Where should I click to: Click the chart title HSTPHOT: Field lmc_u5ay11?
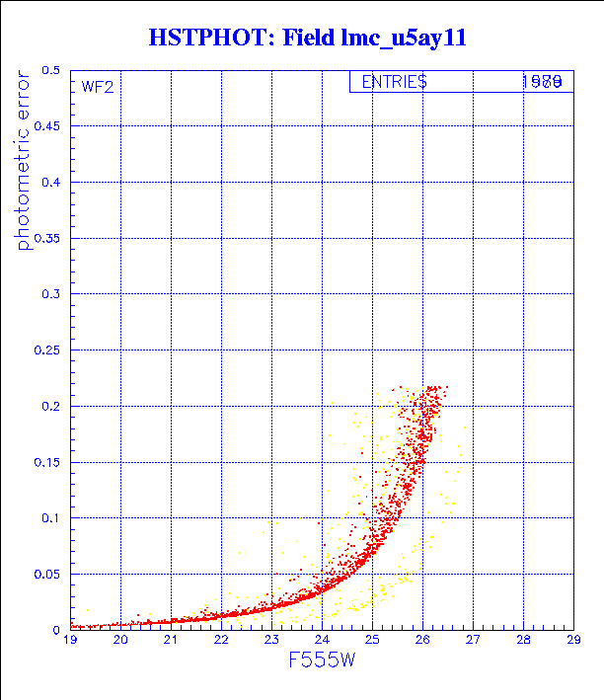click(x=307, y=38)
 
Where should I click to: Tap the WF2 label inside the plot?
click(x=98, y=87)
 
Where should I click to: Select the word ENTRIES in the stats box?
click(x=394, y=83)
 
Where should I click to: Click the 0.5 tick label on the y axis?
click(x=50, y=71)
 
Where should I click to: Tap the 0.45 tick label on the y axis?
click(x=47, y=126)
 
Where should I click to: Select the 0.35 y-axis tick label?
click(x=47, y=238)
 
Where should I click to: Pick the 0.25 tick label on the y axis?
click(x=47, y=350)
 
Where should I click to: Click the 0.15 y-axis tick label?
click(x=47, y=461)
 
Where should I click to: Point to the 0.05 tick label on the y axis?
click(x=47, y=573)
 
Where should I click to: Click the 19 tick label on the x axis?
click(x=70, y=641)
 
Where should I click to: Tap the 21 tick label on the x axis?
click(x=171, y=641)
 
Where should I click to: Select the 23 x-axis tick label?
click(x=271, y=641)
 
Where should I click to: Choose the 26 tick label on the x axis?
click(x=422, y=641)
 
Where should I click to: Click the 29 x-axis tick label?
click(x=573, y=641)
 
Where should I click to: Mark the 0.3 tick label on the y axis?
click(x=50, y=294)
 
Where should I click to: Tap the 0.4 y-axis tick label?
click(x=50, y=183)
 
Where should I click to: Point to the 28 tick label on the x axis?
click(x=523, y=641)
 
